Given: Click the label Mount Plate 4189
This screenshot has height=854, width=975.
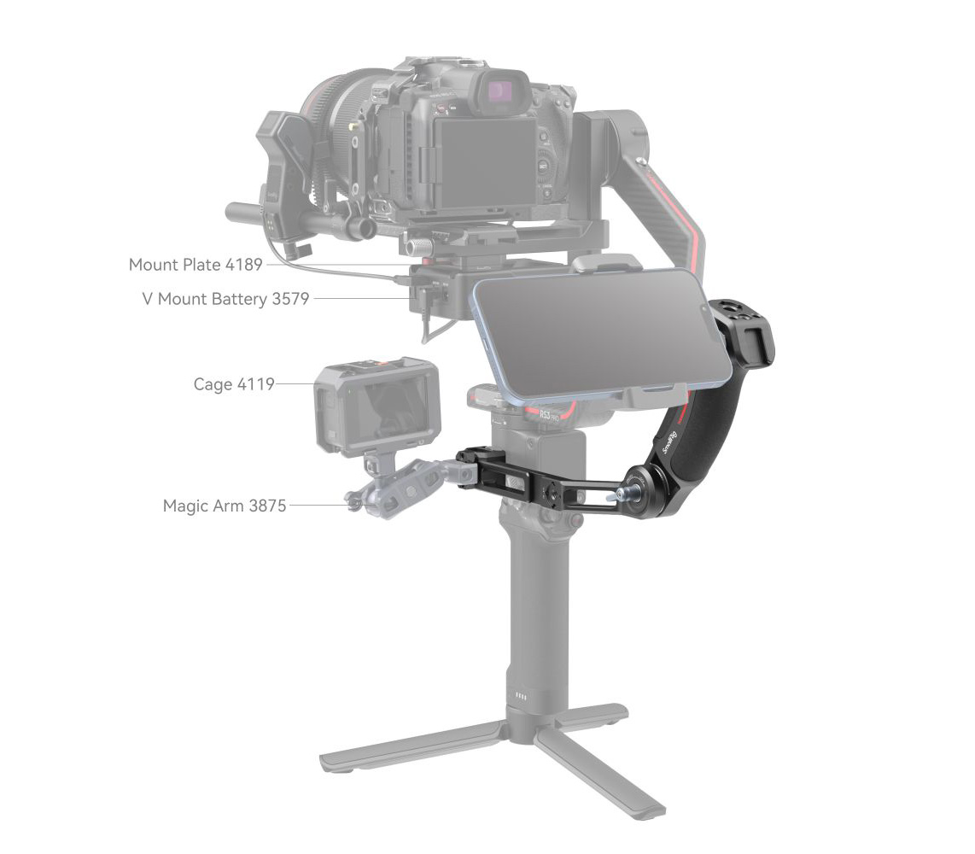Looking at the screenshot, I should [196, 264].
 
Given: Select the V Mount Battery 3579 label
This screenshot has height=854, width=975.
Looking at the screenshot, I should [225, 298].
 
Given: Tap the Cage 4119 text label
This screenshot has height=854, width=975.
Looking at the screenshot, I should [234, 384].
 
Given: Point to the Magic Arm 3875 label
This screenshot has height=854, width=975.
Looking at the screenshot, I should [225, 506].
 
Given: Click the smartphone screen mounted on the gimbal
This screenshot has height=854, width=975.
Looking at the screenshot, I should [601, 334].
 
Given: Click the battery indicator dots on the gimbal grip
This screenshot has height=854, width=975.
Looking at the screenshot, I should [522, 696].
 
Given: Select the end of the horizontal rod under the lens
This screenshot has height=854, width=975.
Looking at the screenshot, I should [235, 212].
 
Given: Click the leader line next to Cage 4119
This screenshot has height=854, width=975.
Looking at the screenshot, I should [295, 384].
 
